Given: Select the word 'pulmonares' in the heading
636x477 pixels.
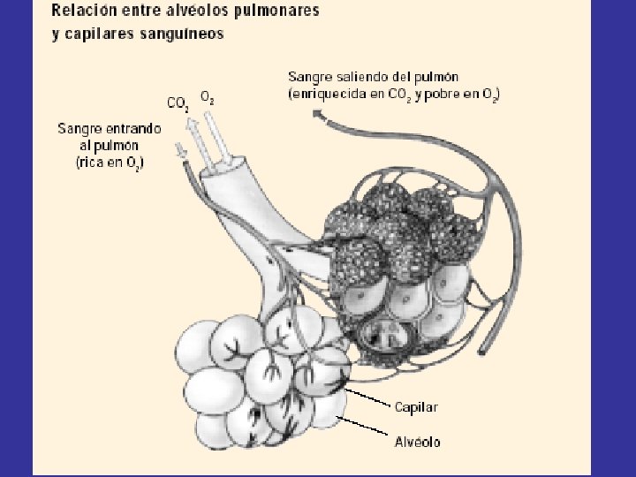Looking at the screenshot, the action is point(276,12).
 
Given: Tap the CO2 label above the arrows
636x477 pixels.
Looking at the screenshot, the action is point(178,103).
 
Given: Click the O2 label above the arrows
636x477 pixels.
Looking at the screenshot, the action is point(207,96).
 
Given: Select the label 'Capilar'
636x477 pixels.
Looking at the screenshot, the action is point(417,407).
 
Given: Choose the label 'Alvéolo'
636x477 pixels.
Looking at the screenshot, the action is point(418,441).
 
